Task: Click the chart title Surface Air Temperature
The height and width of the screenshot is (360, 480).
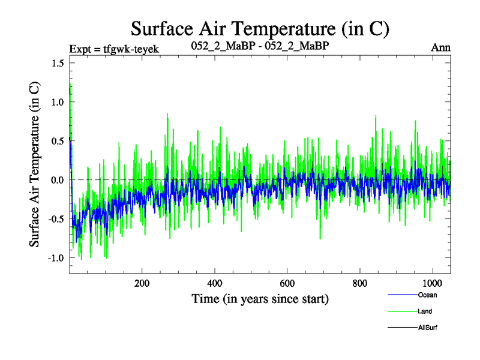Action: [x=260, y=28]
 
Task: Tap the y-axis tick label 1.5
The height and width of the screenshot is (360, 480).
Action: [x=59, y=64]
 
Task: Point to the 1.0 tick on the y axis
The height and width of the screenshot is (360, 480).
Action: [x=59, y=103]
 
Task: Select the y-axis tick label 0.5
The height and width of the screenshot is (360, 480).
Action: [x=59, y=141]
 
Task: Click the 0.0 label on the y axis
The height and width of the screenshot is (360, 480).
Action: [x=59, y=180]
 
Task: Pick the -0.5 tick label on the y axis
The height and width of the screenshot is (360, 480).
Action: [x=57, y=219]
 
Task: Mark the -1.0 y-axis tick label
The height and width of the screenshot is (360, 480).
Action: [x=57, y=257]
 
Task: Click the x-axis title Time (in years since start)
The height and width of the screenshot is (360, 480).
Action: [x=260, y=298]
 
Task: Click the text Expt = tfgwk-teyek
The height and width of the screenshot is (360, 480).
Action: [x=114, y=49]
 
